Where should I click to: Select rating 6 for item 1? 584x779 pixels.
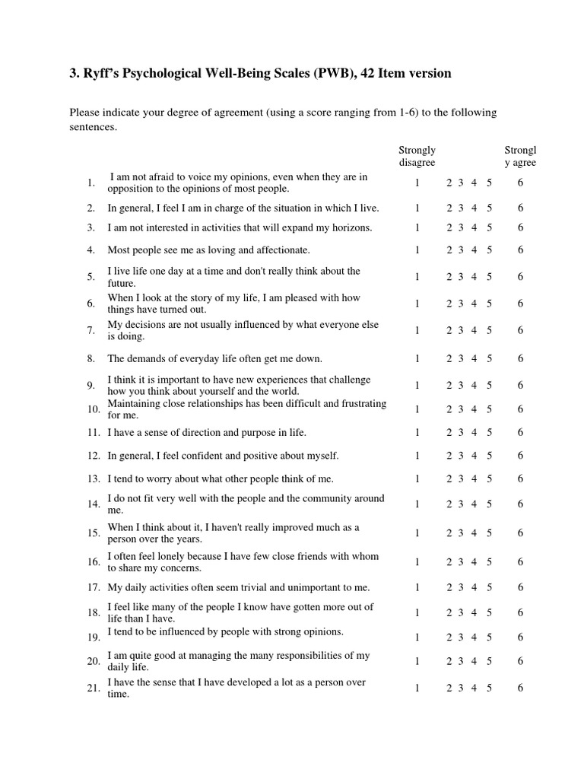click(520, 183)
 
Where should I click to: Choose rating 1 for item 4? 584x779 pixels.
click(417, 250)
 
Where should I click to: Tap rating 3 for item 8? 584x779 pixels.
click(461, 358)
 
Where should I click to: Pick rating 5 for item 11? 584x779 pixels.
click(490, 432)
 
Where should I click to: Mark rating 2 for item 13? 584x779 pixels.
click(449, 479)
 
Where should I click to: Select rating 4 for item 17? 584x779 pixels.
click(474, 587)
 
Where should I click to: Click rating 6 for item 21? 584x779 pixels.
click(520, 688)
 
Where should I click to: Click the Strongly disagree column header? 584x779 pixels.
click(417, 156)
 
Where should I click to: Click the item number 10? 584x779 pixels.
click(94, 409)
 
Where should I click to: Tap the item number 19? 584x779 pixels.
click(94, 637)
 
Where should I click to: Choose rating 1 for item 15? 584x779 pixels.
click(417, 533)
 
